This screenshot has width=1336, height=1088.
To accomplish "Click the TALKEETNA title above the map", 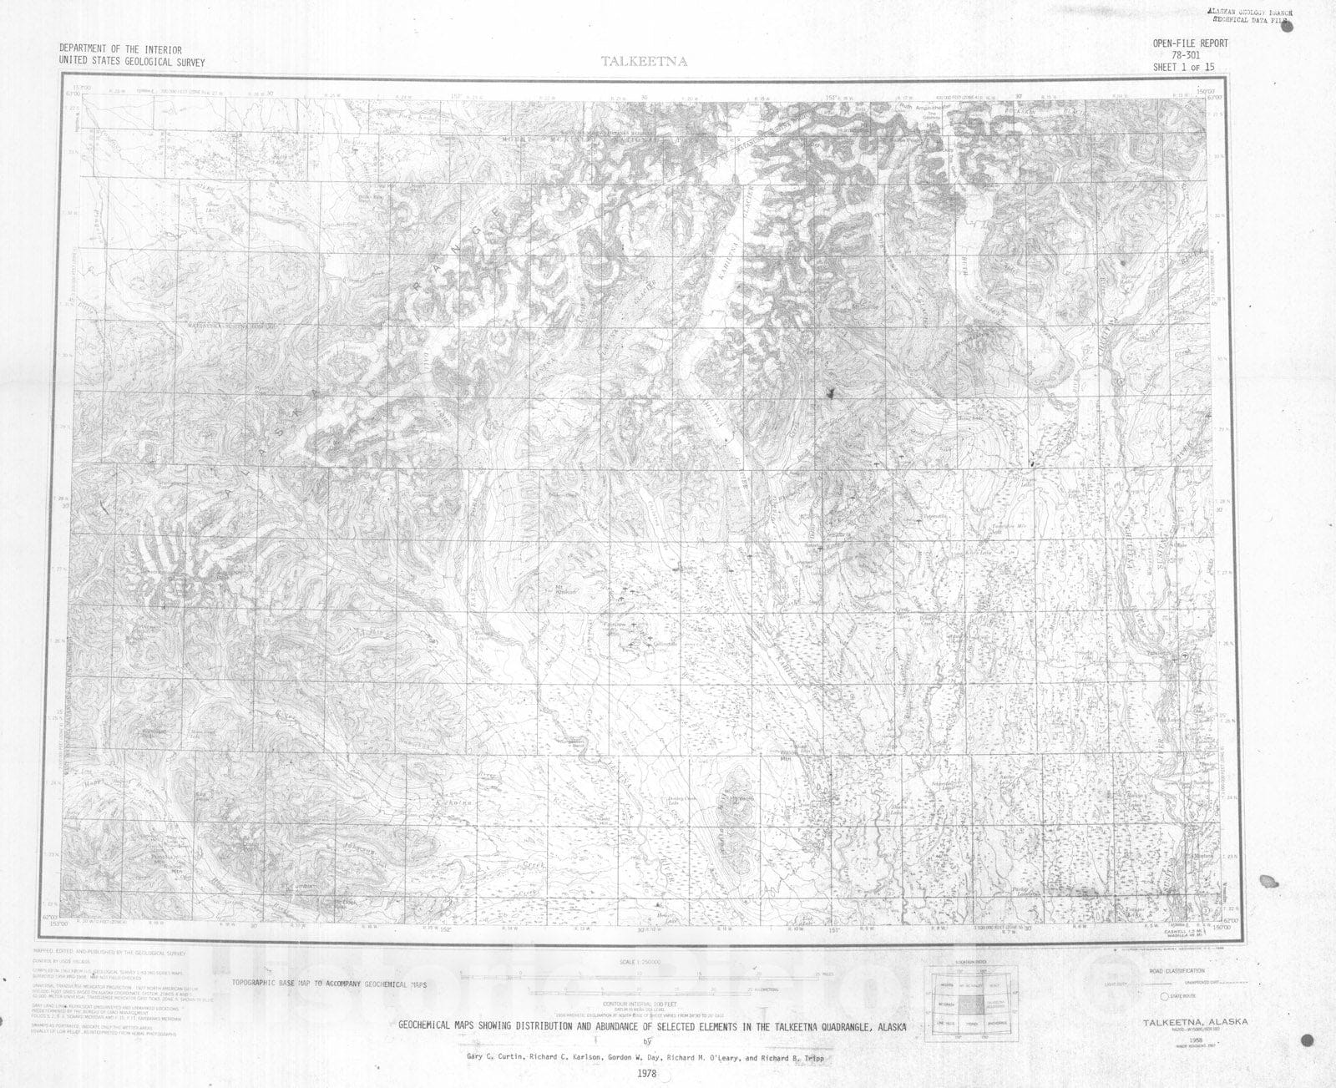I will click(644, 61).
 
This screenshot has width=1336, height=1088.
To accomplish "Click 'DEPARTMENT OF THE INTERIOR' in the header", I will click(120, 50).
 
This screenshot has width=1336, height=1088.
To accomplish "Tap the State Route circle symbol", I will click(1165, 996).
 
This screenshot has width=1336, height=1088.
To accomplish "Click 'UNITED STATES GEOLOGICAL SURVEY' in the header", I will click(131, 62).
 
